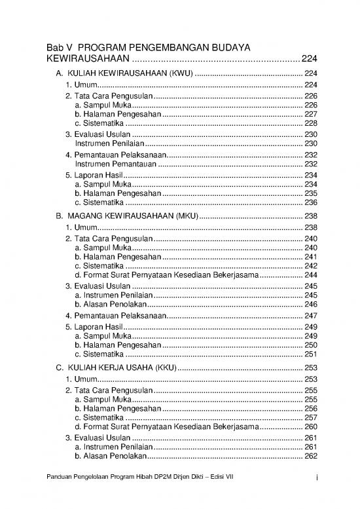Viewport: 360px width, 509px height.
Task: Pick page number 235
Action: coord(310,194)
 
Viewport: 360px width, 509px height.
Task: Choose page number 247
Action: coord(310,316)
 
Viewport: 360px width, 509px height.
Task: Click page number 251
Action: coord(310,354)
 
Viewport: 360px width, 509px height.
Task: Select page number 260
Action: coord(310,426)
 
